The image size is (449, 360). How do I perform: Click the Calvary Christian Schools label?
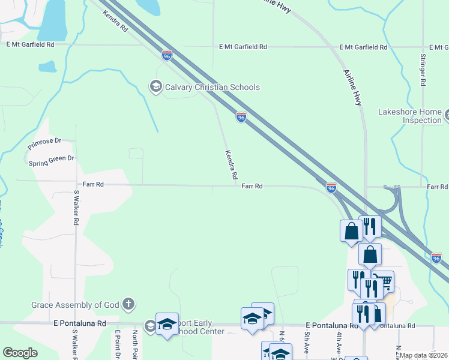click(213, 87)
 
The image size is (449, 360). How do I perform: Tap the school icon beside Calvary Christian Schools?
click(156, 87)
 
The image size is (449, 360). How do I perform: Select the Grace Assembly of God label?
click(76, 305)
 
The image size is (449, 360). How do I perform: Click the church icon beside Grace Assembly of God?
click(128, 304)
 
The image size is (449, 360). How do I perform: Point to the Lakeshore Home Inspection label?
click(410, 116)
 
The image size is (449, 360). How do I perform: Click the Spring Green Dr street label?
click(51, 160)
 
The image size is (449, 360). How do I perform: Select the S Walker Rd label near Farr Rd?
click(76, 208)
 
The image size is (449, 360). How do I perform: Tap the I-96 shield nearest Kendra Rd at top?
click(167, 55)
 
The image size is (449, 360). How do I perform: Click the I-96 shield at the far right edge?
click(437, 258)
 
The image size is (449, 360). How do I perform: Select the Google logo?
click(20, 353)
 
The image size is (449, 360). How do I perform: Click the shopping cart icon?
click(385, 281)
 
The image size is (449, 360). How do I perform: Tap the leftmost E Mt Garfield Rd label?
click(31, 44)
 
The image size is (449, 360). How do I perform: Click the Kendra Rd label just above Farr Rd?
click(231, 165)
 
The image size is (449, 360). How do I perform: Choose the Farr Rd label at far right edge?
click(438, 187)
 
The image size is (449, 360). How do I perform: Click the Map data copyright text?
click(424, 355)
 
